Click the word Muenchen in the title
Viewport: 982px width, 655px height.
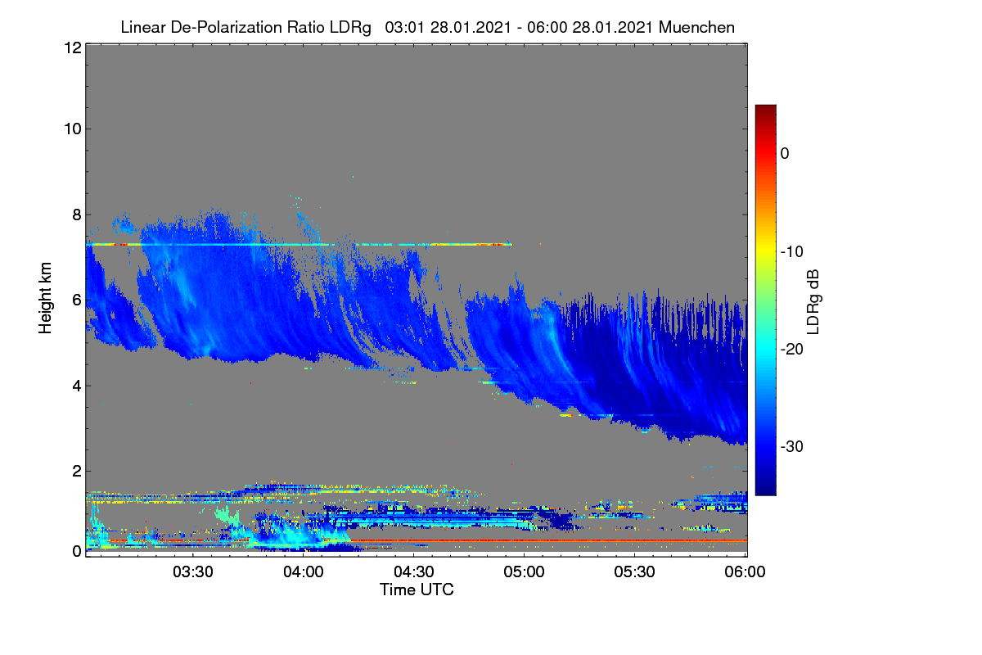pos(696,27)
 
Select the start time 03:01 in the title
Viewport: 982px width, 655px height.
pos(404,27)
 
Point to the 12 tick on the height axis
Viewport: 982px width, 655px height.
pos(73,47)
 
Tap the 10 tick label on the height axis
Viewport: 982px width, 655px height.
pos(73,129)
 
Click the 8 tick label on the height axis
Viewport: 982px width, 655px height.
pos(77,215)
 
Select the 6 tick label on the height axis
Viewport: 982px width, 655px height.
pos(77,300)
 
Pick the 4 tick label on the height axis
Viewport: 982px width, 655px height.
pos(77,386)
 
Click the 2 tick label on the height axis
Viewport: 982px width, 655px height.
pos(77,471)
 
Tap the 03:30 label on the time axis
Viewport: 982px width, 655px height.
pos(193,572)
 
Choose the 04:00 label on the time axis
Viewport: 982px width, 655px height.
pos(304,572)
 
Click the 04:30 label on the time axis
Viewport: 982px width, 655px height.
pos(414,572)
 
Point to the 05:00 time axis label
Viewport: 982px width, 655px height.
pos(524,572)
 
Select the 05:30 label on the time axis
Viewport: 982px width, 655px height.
pos(634,572)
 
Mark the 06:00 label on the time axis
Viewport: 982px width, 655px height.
pos(745,572)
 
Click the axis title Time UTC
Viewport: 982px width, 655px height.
pos(417,589)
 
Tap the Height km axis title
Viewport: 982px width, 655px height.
pos(45,298)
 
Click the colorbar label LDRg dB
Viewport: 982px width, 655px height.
pos(813,302)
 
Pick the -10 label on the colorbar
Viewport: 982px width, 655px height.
pos(792,251)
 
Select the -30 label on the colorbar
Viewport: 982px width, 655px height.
pos(792,446)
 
